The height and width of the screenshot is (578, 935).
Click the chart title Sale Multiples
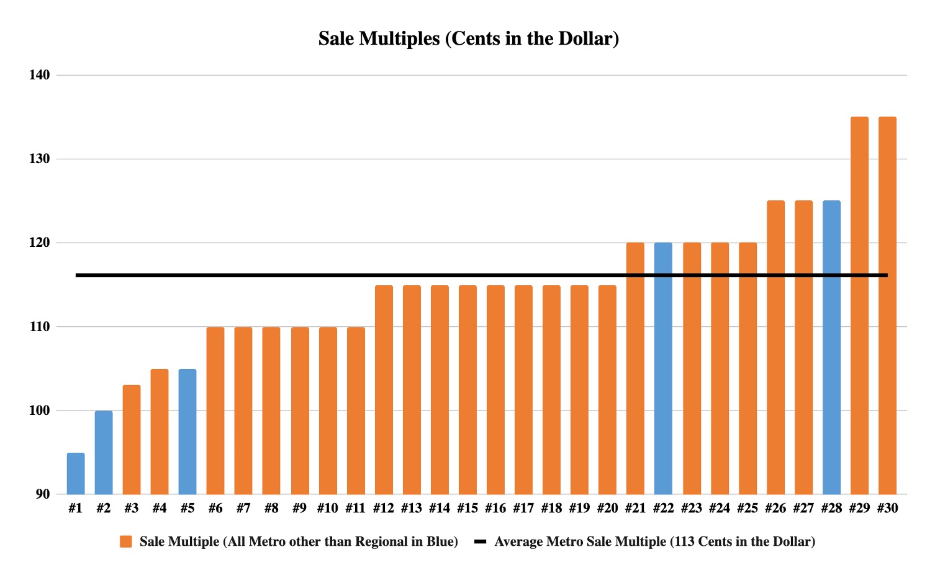(468, 38)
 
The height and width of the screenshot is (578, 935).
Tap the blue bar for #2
(104, 452)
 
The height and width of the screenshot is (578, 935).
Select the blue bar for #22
(663, 368)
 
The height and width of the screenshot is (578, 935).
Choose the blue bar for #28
(831, 347)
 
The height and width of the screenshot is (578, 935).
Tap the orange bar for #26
(775, 347)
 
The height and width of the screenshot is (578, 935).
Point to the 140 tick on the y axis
(39, 75)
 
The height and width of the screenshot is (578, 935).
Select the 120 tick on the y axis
(39, 242)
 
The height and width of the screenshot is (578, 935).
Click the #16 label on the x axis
(495, 509)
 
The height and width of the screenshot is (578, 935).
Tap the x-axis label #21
(635, 509)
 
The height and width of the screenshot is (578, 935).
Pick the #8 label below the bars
(271, 509)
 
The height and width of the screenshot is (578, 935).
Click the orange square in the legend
(126, 542)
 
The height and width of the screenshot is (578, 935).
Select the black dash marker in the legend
(480, 542)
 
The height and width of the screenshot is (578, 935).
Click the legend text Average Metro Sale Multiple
(654, 542)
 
